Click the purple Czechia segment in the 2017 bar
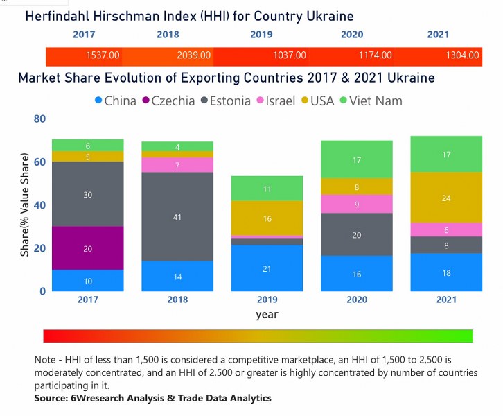88,248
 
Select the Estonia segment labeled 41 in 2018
177,216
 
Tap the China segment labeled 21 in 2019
267,268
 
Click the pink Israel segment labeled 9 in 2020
356,204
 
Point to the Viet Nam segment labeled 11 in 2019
267,189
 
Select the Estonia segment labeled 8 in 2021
446,245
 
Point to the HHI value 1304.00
462,55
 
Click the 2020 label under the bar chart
356,300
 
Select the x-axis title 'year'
267,314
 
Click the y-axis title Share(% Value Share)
25,205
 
